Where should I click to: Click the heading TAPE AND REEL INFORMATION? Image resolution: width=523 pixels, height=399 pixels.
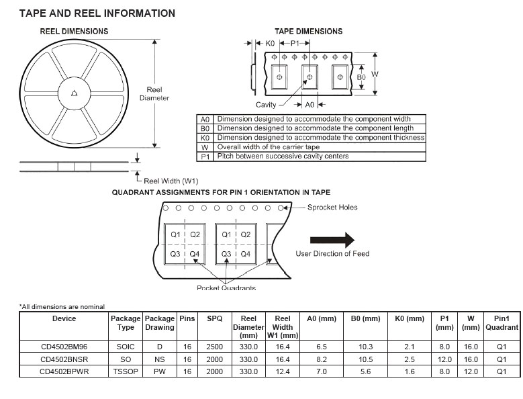point(97,13)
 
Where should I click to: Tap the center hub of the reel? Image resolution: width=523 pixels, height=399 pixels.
point(74,93)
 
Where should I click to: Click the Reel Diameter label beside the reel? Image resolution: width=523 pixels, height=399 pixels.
point(154,94)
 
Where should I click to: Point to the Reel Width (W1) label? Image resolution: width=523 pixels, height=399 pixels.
point(171,180)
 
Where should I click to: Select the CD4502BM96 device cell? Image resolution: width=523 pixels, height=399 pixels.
point(64,347)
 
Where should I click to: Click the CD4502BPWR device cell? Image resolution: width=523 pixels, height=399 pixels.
point(64,371)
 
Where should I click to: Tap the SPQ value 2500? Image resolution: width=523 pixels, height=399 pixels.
point(214,347)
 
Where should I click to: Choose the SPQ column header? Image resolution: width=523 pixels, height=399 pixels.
point(214,318)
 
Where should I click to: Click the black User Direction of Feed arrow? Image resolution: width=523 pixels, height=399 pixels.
point(332,240)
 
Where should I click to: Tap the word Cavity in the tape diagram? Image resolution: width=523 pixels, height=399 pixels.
point(266,105)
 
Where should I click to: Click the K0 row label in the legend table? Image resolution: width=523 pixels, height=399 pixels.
point(205,138)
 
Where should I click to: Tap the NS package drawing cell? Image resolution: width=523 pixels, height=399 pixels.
point(159,359)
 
